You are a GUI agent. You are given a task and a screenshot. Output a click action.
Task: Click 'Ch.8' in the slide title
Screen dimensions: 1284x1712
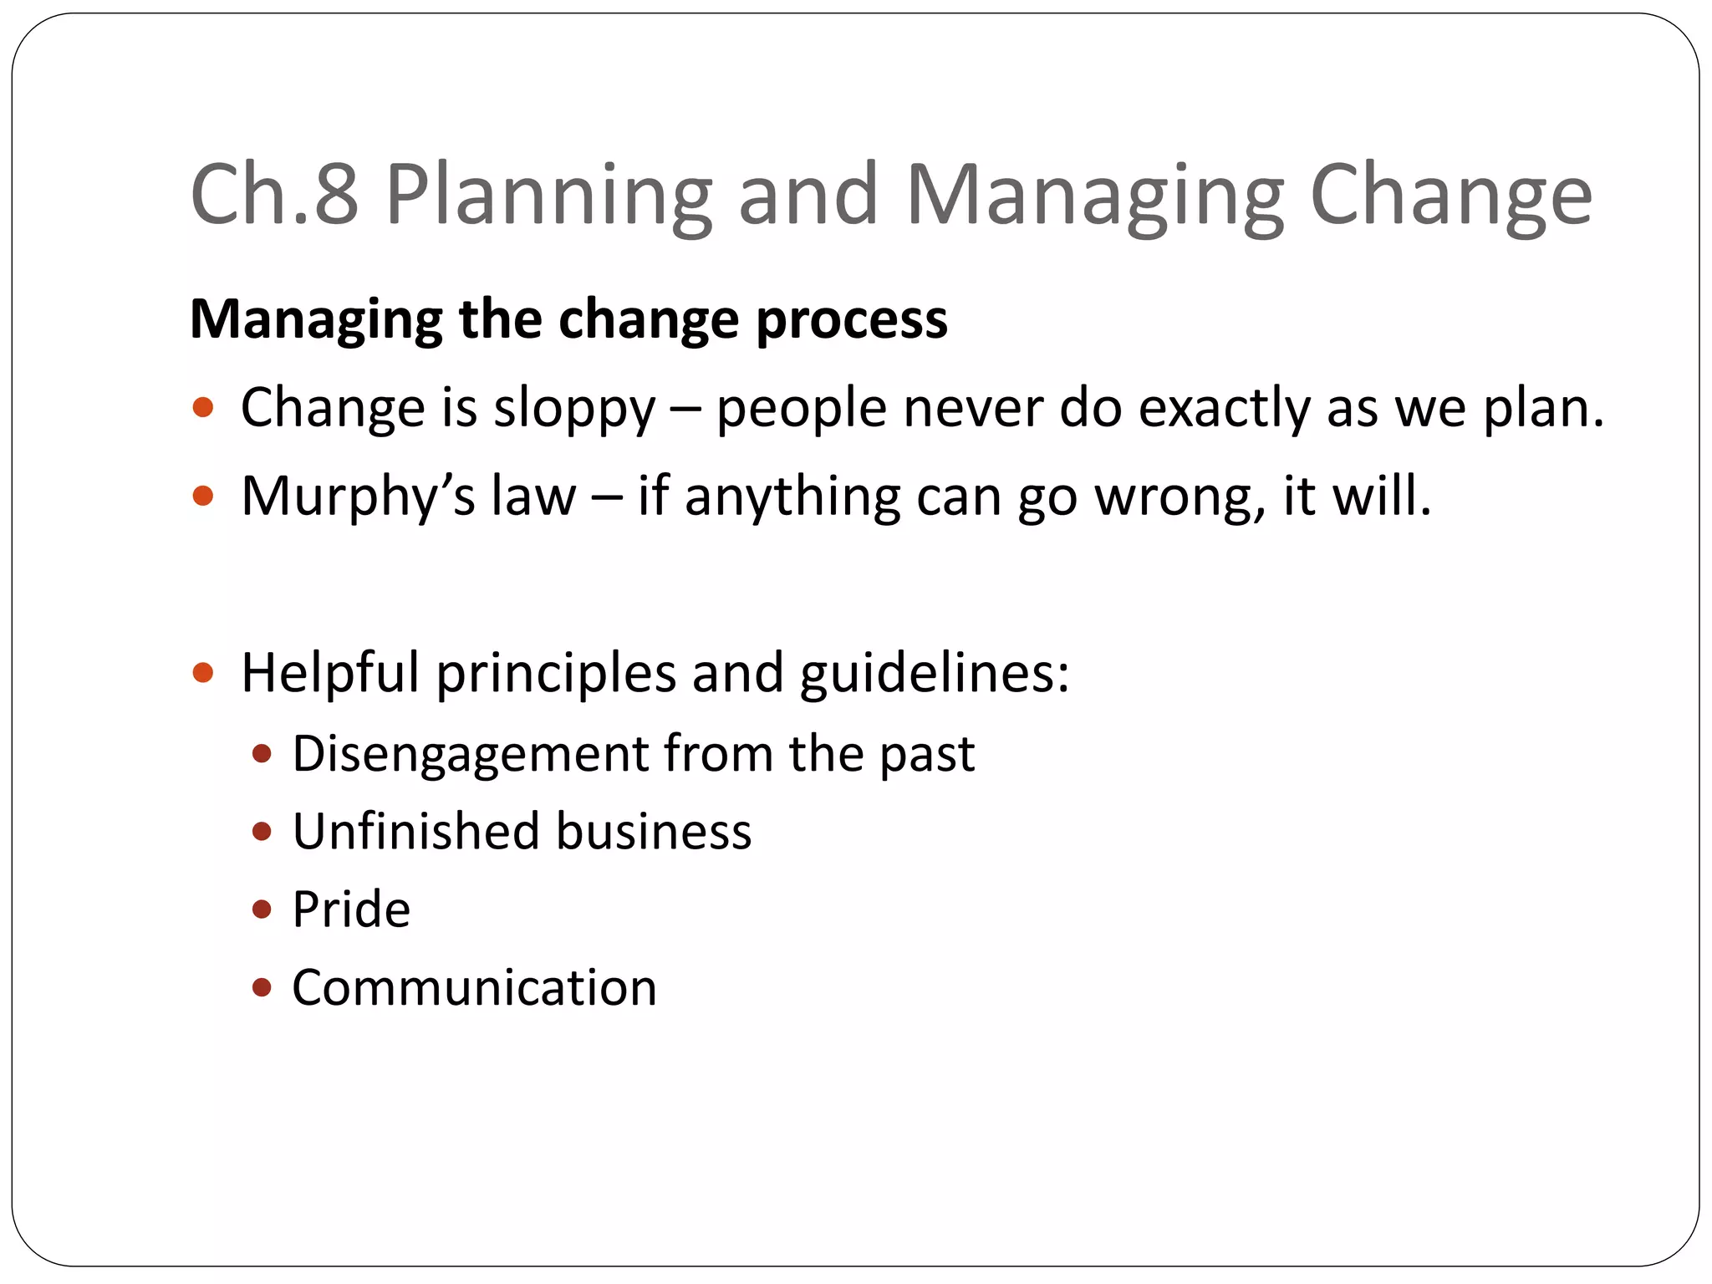pyautogui.click(x=274, y=194)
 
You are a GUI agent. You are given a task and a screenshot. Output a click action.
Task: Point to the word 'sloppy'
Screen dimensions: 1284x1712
pyautogui.click(x=574, y=410)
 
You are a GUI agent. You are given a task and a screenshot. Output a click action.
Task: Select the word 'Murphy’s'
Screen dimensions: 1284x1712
pyautogui.click(x=358, y=498)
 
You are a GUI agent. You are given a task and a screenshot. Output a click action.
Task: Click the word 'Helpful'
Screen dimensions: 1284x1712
pyautogui.click(x=330, y=674)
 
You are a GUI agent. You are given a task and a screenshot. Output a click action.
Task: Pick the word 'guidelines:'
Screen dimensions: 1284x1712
pyautogui.click(x=935, y=674)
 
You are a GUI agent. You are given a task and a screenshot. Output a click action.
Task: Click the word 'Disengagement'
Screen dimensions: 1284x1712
pyautogui.click(x=471, y=754)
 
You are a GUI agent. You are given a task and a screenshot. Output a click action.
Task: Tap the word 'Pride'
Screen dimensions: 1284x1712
pyautogui.click(x=351, y=909)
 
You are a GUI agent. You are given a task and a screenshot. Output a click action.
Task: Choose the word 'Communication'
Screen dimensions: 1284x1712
pyautogui.click(x=474, y=988)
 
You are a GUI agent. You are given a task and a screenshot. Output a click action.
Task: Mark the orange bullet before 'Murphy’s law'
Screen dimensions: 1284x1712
pyautogui.click(x=203, y=497)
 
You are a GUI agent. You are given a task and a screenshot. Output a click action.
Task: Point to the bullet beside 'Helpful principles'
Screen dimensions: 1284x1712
pyautogui.click(x=203, y=673)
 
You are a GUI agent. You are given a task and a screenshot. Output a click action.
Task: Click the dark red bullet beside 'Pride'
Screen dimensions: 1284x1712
pyautogui.click(x=262, y=909)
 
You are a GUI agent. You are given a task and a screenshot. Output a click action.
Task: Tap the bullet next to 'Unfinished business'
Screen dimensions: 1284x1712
pyautogui.click(x=262, y=832)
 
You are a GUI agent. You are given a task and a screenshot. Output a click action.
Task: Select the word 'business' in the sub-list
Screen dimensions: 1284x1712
pyautogui.click(x=654, y=832)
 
